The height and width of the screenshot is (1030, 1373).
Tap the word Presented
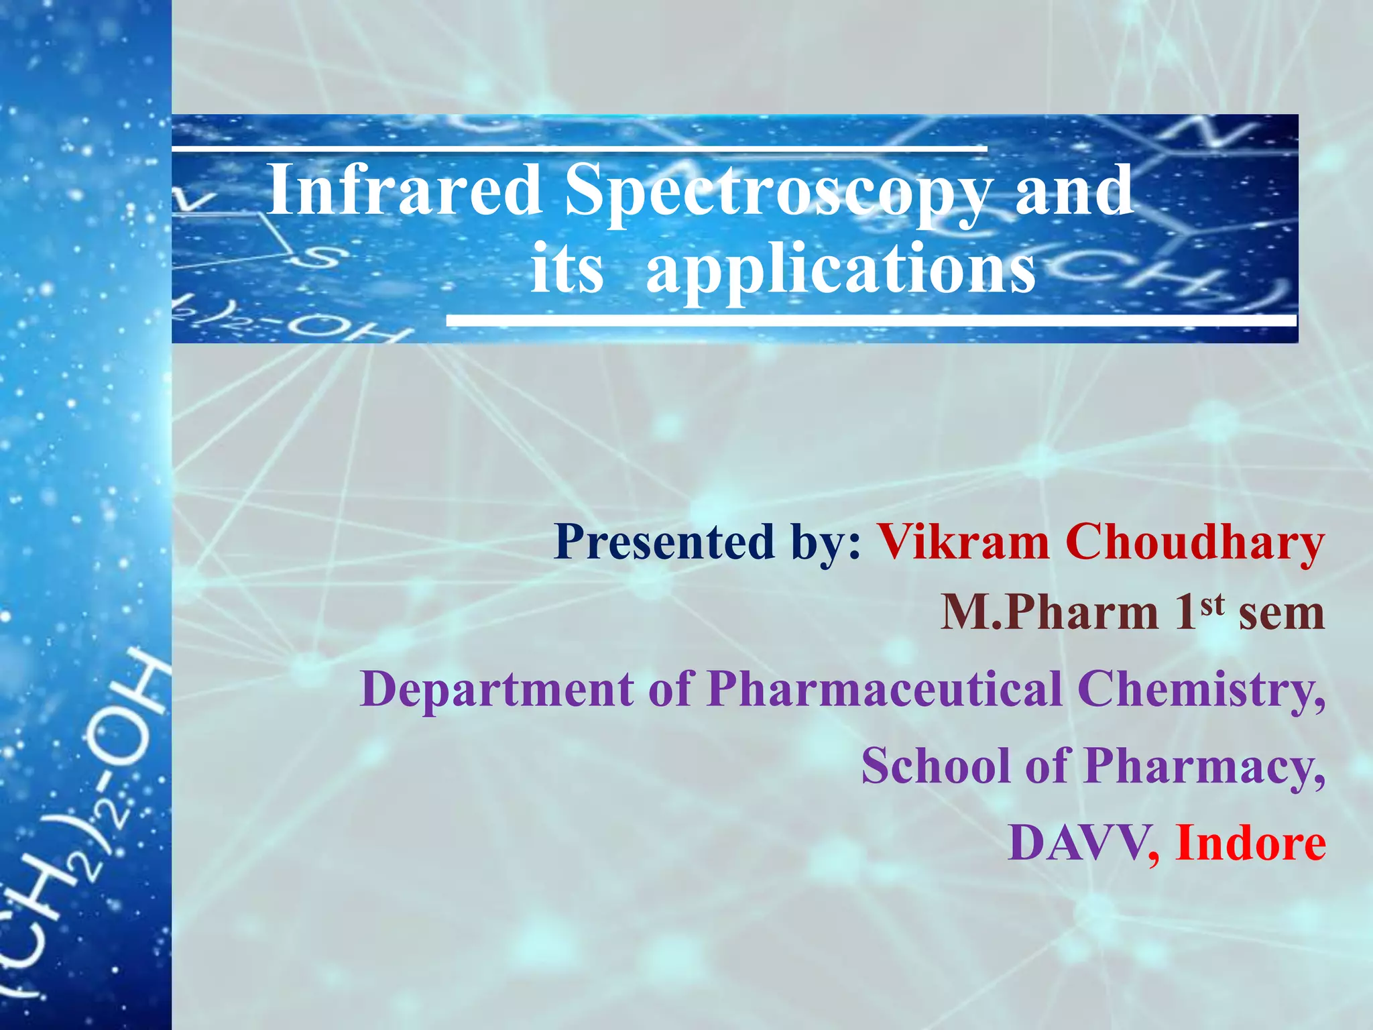click(x=664, y=542)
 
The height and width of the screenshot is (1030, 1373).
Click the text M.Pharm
click(x=1049, y=613)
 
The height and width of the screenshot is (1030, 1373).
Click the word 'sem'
click(x=1281, y=614)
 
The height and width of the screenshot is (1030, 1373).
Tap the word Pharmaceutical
click(x=885, y=689)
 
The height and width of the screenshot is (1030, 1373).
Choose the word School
click(x=935, y=766)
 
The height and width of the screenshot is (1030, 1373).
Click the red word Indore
click(x=1250, y=843)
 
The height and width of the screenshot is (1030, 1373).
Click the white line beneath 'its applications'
click(x=872, y=322)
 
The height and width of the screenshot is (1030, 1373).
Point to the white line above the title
click(x=579, y=147)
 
